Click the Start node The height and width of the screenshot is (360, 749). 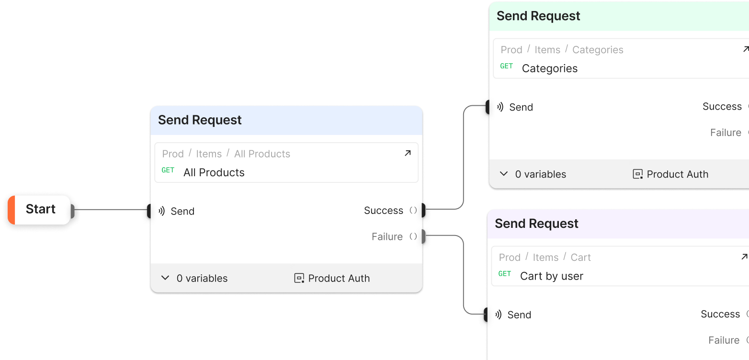(x=40, y=209)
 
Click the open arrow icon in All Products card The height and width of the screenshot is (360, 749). (x=408, y=153)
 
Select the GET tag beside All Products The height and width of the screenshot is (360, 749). (x=168, y=170)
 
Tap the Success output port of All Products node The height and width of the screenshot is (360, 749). (x=424, y=210)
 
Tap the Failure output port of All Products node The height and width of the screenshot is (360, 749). (x=424, y=236)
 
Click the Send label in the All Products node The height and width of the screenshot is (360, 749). (x=182, y=211)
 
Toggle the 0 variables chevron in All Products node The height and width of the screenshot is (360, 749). (x=165, y=278)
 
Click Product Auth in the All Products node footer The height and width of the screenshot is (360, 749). (x=339, y=278)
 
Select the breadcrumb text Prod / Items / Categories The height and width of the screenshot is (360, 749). (x=562, y=50)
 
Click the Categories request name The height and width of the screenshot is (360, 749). (x=549, y=68)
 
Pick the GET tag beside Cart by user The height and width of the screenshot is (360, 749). (x=504, y=274)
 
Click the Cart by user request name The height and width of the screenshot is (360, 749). (x=551, y=276)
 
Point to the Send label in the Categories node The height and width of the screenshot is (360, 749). (x=521, y=107)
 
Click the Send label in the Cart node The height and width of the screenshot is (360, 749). (x=519, y=315)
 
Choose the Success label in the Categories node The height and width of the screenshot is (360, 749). (x=722, y=107)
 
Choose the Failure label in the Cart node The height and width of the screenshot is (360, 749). (x=724, y=340)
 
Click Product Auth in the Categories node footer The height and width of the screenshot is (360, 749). (x=677, y=174)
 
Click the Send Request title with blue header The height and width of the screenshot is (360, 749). (x=200, y=120)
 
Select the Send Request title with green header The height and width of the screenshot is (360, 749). (x=538, y=16)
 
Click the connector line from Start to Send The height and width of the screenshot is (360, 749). (x=110, y=209)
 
